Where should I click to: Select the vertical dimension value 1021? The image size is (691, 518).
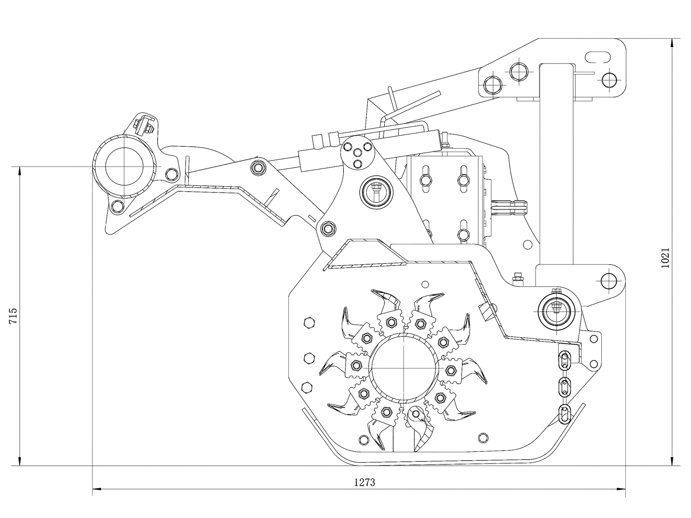click(666, 258)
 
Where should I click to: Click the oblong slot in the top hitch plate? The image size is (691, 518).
click(598, 57)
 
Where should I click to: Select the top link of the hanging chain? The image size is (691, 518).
click(564, 358)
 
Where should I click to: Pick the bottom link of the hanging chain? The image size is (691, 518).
click(565, 414)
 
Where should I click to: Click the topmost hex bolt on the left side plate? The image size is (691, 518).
click(309, 323)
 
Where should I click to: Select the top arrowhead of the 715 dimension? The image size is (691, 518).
click(19, 170)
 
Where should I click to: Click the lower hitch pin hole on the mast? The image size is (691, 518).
click(609, 281)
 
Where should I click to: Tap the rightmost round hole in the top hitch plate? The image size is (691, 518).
click(609, 79)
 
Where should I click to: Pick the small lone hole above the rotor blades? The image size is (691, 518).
click(425, 284)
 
